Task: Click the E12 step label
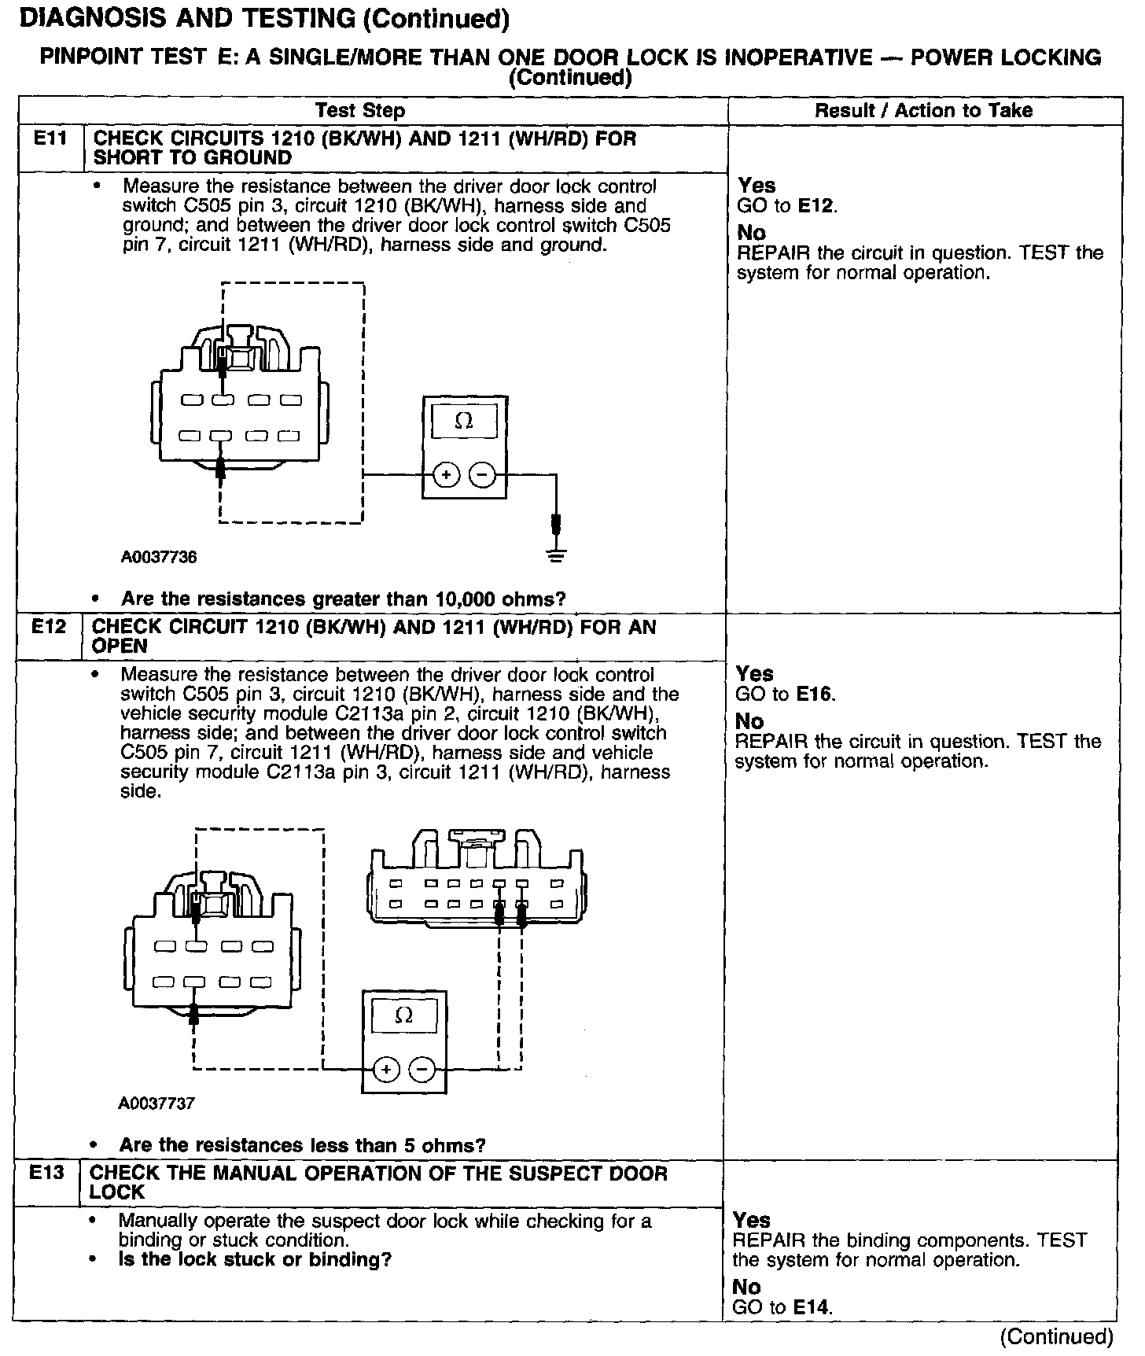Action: pos(47,627)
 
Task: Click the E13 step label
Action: pos(46,1173)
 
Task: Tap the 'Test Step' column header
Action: pos(360,111)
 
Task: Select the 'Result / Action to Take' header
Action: pos(923,111)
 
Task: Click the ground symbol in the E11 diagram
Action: pos(557,555)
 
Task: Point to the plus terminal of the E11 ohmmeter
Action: pos(447,475)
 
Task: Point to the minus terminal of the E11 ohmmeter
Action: pos(482,475)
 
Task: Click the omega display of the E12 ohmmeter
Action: pos(403,1016)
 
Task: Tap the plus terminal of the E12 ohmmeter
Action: pos(385,1070)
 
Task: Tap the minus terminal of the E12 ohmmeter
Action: pos(422,1070)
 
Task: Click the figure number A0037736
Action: pos(159,558)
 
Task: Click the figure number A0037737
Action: pos(156,1104)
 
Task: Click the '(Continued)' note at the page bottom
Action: pos(1056,1337)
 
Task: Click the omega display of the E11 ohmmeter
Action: pos(464,422)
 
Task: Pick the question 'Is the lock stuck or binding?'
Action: pos(255,1260)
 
